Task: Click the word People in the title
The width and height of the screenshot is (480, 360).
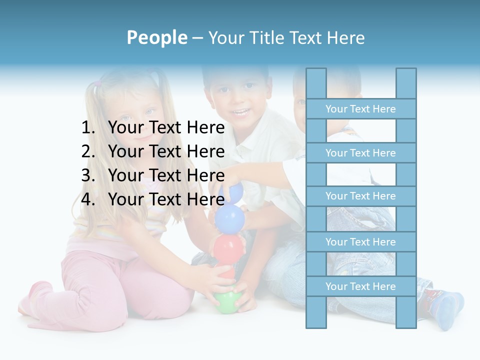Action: [x=156, y=37]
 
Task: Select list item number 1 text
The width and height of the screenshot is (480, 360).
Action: [x=166, y=128]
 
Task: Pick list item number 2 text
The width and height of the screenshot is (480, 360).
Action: [x=166, y=151]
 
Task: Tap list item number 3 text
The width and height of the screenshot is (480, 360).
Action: [x=166, y=175]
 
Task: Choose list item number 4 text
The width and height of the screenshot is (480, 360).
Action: [x=166, y=199]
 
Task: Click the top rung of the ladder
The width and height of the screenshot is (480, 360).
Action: [x=360, y=109]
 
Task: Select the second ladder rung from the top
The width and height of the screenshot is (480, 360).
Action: [x=360, y=153]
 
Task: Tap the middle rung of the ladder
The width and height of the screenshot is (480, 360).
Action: [x=360, y=196]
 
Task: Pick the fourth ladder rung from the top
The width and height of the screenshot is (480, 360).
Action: [x=360, y=242]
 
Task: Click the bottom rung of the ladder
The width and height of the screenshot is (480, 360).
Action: [x=360, y=286]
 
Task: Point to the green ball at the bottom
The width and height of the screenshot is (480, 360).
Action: [x=226, y=302]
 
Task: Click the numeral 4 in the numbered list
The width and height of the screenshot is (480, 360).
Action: [x=87, y=199]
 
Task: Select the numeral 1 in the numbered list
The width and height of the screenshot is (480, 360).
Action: [x=87, y=128]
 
